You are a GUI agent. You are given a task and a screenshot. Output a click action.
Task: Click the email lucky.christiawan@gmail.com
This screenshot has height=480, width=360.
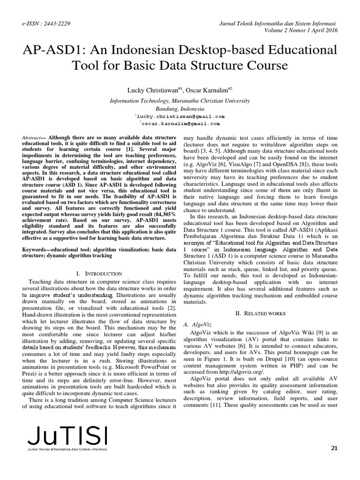click(x=180, y=116)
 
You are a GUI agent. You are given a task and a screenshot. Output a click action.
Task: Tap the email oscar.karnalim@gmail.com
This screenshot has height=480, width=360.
click(x=180, y=124)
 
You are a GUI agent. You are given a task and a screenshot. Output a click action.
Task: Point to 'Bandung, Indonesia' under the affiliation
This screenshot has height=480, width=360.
click(x=180, y=108)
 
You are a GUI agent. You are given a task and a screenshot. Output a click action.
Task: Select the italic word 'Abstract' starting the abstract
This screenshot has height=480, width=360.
click(x=31, y=136)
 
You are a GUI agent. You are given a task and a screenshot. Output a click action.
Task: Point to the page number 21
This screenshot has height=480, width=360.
click(x=334, y=448)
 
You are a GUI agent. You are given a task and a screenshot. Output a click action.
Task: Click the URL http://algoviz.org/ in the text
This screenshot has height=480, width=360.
click(x=243, y=371)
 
